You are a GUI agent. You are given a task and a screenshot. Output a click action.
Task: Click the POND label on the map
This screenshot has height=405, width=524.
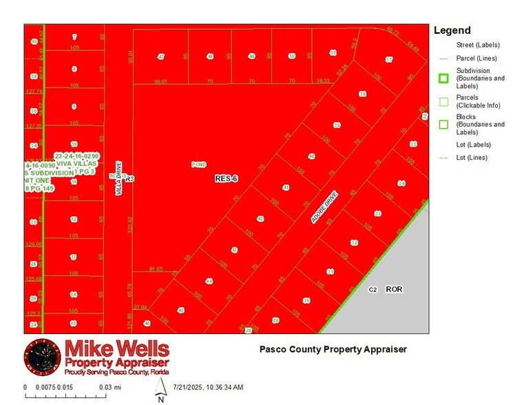[199, 165]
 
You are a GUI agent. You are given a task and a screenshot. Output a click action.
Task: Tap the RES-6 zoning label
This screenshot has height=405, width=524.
[226, 178]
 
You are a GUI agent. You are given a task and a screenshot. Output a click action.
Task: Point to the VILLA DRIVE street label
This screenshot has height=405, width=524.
[118, 178]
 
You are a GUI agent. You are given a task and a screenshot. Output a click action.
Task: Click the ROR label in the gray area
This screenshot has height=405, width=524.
[394, 289]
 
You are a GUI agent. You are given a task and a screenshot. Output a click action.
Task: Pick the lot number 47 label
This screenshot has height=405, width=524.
[161, 56]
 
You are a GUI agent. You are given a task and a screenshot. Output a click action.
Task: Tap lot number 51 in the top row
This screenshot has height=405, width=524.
[333, 52]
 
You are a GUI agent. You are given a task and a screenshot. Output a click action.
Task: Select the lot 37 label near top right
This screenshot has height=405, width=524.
[389, 61]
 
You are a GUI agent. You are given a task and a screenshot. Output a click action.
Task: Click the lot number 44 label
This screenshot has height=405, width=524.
[209, 281]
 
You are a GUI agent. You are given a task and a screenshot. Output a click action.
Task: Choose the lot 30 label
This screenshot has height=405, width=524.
[306, 301]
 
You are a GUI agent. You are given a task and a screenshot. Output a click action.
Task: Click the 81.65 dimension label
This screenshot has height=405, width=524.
[156, 269]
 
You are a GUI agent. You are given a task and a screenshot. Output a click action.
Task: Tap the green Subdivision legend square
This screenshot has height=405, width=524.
[443, 79]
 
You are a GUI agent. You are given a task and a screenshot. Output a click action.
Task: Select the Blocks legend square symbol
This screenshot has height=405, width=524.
[443, 125]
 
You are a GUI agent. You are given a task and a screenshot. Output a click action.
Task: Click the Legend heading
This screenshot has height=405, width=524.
[452, 30]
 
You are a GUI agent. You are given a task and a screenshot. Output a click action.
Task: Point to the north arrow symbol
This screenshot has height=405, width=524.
[160, 388]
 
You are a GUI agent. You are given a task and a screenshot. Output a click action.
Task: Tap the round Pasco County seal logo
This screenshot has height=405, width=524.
[42, 357]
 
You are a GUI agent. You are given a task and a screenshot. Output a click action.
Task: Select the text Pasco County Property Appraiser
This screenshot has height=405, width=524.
[333, 349]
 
